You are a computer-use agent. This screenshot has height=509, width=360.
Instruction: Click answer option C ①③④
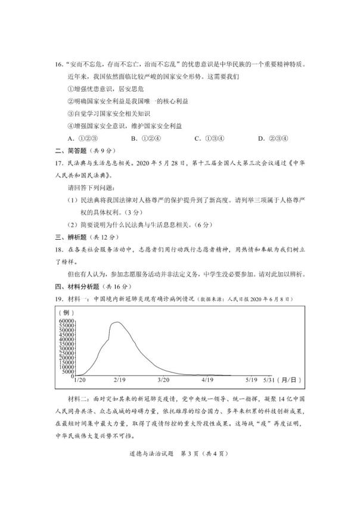210,138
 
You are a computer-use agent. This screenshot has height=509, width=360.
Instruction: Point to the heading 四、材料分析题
75,285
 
